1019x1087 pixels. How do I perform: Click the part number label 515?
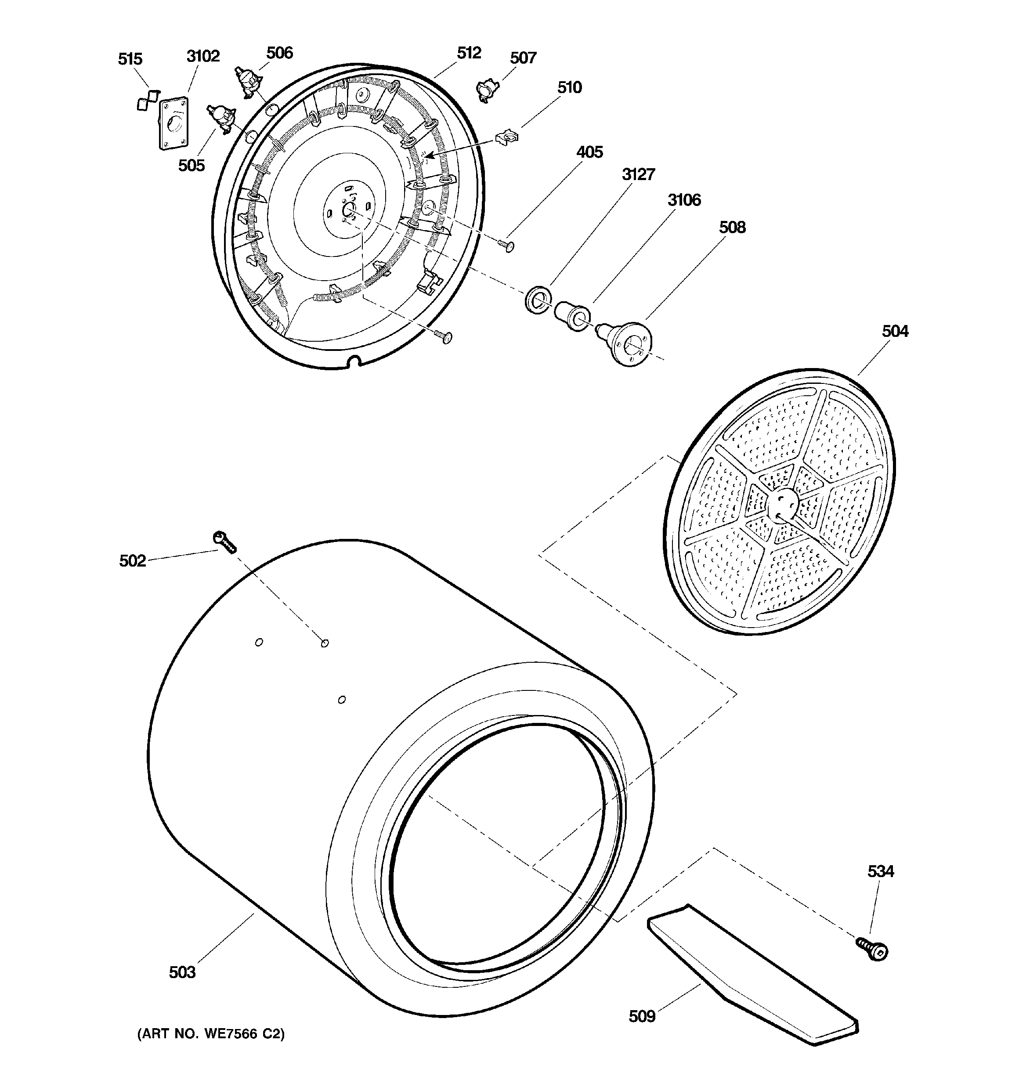pos(130,59)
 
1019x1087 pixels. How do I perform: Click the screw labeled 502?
pos(224,542)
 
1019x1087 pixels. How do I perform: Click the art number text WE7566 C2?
pos(210,1034)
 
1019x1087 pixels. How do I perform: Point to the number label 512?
pos(469,53)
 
